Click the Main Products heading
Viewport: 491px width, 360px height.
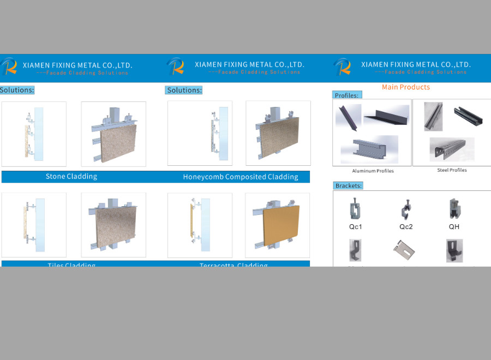click(405, 87)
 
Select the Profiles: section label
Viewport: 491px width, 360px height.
click(347, 95)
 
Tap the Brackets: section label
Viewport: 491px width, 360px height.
click(349, 186)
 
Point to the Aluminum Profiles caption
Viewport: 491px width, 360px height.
click(373, 171)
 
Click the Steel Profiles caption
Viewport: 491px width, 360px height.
click(452, 170)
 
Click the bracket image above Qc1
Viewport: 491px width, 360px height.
click(356, 209)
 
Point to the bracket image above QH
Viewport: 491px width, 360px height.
click(454, 209)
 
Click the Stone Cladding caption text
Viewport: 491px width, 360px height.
click(71, 177)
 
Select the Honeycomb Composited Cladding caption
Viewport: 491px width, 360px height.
click(241, 177)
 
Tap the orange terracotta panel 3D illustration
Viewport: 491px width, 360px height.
click(278, 225)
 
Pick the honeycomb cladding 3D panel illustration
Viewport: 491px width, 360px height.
click(278, 134)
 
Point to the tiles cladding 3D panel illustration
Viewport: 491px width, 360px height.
click(113, 225)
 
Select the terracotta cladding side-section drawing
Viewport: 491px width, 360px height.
click(200, 225)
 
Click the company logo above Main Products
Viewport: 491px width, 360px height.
click(343, 67)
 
